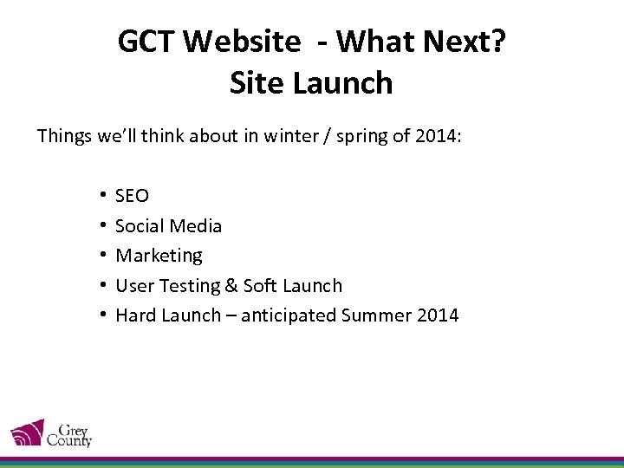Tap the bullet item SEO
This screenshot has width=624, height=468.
click(132, 196)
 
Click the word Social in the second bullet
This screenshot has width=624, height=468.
click(140, 226)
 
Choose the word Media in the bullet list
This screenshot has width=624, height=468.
click(195, 226)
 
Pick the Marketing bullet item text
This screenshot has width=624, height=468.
click(159, 256)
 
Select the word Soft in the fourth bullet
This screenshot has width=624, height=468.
click(260, 286)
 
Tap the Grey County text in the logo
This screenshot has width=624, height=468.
click(71, 434)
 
